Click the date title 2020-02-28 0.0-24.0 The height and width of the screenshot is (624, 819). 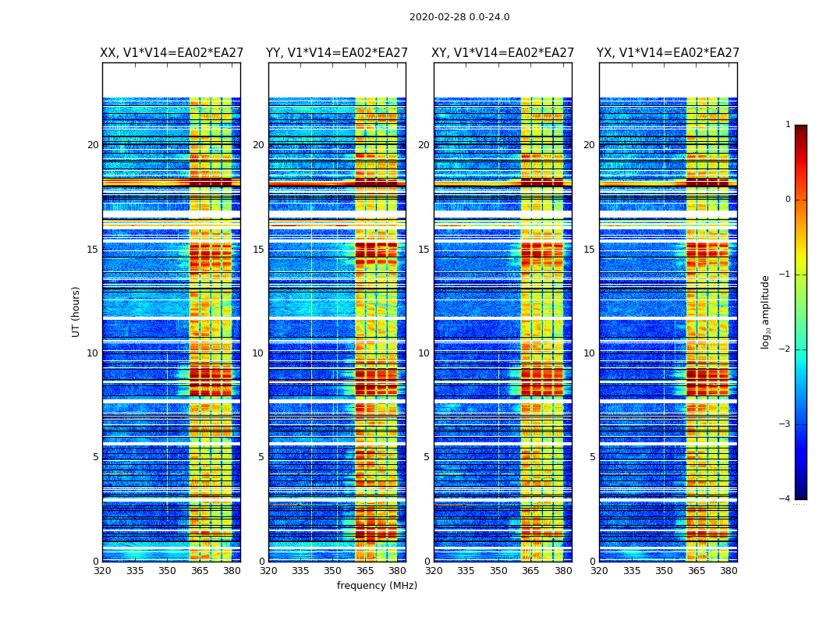click(459, 17)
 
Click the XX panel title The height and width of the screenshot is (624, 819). click(172, 53)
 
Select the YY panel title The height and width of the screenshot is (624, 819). click(337, 53)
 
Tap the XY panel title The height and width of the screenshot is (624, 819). click(503, 53)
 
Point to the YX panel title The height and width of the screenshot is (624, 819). click(668, 53)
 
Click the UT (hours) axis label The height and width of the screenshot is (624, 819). click(76, 311)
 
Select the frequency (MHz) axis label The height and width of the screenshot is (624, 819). click(377, 586)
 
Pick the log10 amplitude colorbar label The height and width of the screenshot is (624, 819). click(766, 311)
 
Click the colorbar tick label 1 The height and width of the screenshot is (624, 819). click(787, 125)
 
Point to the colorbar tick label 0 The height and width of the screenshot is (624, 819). click(787, 200)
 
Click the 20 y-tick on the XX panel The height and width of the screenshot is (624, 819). click(93, 145)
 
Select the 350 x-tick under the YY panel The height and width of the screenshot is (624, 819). click(333, 571)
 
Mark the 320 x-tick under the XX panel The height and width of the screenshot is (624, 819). click(102, 571)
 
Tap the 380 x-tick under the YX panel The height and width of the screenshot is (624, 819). click(729, 571)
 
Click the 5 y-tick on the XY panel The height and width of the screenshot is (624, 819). click(427, 457)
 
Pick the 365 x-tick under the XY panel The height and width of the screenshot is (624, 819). click(531, 571)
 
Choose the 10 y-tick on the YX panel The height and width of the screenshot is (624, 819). click(589, 353)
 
